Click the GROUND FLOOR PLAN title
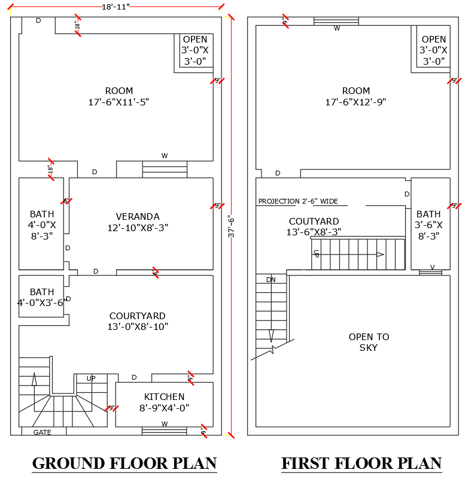coord(124,463)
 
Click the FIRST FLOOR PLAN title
coord(361,463)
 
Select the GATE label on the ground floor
coord(42,432)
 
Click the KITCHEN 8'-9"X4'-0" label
coord(164,402)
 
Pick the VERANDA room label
coord(138,222)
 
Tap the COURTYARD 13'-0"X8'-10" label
coord(138,321)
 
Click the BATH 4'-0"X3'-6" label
coord(42,298)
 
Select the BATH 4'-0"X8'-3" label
coord(42,225)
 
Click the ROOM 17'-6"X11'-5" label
coord(118,96)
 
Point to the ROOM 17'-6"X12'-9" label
coord(355,96)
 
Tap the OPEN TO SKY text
coord(369,342)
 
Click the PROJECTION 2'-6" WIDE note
coord(298,201)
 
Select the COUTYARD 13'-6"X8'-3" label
coord(314,226)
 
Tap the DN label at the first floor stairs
coord(271,280)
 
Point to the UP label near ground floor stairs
coord(91,378)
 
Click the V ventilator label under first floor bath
coord(431,267)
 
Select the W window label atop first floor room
coord(337,28)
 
